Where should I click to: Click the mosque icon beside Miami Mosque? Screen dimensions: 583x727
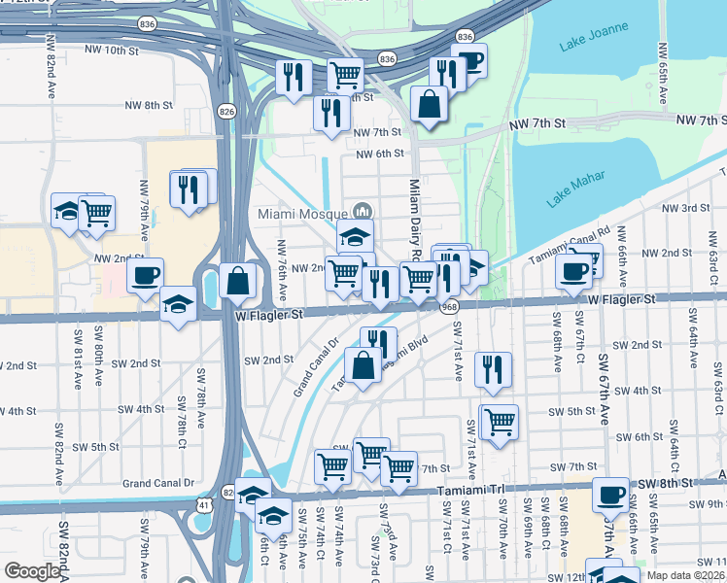click(363, 211)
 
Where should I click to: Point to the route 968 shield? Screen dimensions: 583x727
click(448, 307)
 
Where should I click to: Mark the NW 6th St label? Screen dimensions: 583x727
click(379, 154)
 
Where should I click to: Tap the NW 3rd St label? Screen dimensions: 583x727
click(686, 208)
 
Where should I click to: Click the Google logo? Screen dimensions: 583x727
click(33, 571)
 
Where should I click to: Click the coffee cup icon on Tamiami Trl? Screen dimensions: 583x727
click(610, 495)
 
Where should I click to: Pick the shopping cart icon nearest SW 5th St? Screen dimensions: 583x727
click(500, 422)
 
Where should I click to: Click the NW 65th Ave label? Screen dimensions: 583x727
click(662, 77)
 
